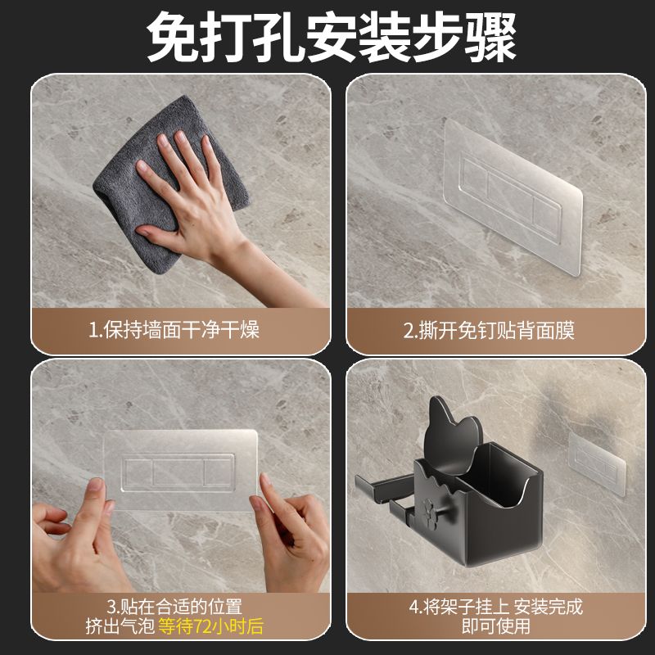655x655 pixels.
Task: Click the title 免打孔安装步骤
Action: tap(332, 36)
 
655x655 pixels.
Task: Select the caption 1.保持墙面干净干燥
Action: tap(174, 330)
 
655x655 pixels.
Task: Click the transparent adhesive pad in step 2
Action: tap(513, 197)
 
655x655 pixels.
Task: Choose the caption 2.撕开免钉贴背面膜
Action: tap(489, 331)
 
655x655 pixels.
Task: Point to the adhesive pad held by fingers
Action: tap(180, 470)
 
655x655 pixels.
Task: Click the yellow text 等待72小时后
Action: tap(211, 626)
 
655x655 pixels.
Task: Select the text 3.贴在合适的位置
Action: tap(174, 607)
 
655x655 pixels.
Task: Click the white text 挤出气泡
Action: tap(120, 626)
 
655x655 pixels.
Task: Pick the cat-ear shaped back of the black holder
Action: tap(453, 436)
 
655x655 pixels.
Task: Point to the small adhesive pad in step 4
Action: tap(597, 463)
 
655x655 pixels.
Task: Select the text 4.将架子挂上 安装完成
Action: tap(496, 607)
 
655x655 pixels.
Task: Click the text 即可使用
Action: tap(496, 626)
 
